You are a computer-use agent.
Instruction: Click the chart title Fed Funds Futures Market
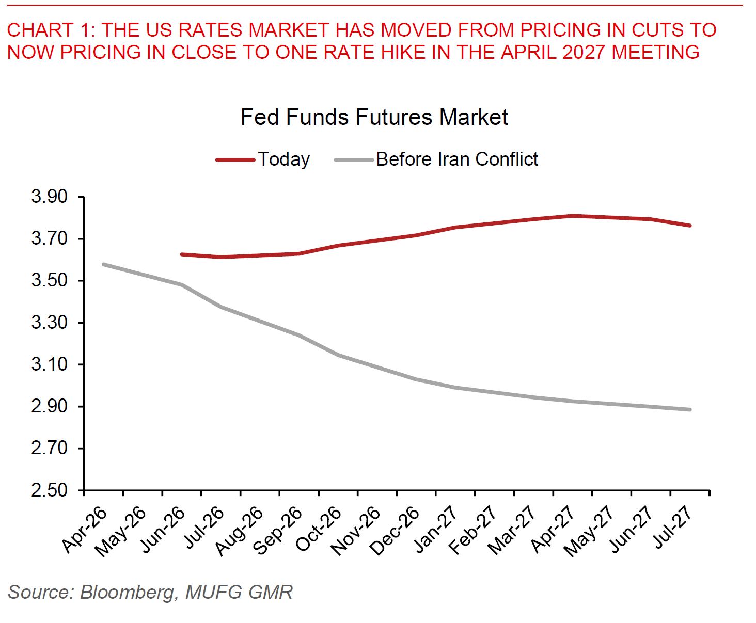(x=374, y=117)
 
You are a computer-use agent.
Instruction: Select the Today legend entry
(x=263, y=159)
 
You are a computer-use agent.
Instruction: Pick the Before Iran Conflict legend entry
(x=436, y=159)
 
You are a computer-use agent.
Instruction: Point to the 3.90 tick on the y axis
(x=49, y=197)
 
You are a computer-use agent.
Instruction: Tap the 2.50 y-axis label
(x=49, y=490)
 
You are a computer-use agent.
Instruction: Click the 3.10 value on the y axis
(x=49, y=364)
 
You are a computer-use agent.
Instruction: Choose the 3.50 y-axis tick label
(x=49, y=281)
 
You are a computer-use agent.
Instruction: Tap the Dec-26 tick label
(x=394, y=531)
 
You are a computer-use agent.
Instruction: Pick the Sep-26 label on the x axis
(x=277, y=531)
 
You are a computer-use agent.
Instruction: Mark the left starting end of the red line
(x=181, y=254)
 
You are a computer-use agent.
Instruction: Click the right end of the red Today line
(x=690, y=226)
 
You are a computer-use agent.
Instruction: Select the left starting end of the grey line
(x=104, y=265)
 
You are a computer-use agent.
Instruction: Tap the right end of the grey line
(x=690, y=410)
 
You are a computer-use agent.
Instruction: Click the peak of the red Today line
(x=573, y=216)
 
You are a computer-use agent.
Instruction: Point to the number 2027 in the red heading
(x=584, y=52)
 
